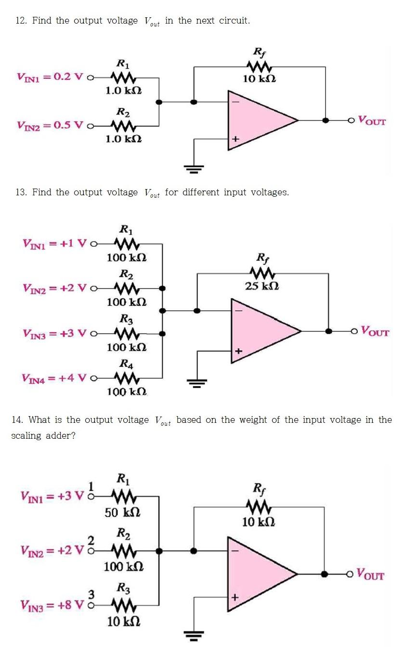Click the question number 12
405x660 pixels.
21,21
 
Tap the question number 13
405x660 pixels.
21,192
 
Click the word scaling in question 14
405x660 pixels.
26,436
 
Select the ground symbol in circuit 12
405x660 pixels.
194,168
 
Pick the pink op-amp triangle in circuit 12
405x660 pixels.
260,120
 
